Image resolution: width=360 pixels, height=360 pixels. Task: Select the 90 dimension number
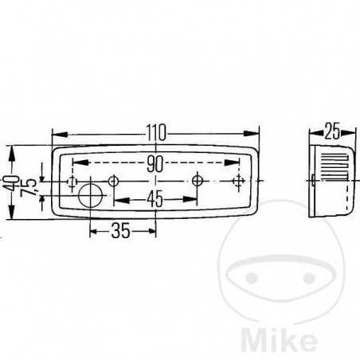[155, 164]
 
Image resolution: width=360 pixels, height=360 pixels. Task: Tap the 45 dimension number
[155, 200]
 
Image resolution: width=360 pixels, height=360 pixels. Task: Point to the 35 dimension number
[120, 231]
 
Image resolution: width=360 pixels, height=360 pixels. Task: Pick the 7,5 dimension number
[30, 189]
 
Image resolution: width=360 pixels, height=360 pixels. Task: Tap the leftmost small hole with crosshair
[70, 183]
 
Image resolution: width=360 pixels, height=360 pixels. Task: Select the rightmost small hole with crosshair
[237, 182]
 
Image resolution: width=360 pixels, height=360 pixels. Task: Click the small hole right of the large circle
[115, 182]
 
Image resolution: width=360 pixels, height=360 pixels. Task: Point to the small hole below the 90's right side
[197, 182]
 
